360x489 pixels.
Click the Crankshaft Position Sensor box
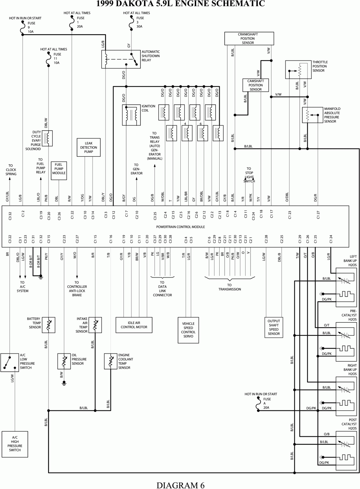point(248,39)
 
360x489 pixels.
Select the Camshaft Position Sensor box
point(255,85)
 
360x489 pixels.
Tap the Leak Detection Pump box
point(89,147)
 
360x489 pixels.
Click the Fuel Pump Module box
point(59,169)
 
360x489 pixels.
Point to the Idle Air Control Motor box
point(134,325)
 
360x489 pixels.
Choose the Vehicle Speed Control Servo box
point(188,330)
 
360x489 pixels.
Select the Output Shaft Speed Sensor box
point(274,327)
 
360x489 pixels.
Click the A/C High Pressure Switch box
point(15,444)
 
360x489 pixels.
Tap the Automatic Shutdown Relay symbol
point(121,59)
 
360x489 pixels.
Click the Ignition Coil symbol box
point(131,115)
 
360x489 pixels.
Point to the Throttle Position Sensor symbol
point(298,70)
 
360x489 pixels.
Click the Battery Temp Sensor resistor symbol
point(49,325)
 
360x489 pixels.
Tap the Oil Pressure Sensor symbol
point(64,361)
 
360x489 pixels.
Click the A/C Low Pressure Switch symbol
point(9,363)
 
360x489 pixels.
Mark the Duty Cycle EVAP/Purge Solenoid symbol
point(47,138)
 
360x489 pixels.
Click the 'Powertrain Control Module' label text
point(180,227)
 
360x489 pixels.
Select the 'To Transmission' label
point(229,287)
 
